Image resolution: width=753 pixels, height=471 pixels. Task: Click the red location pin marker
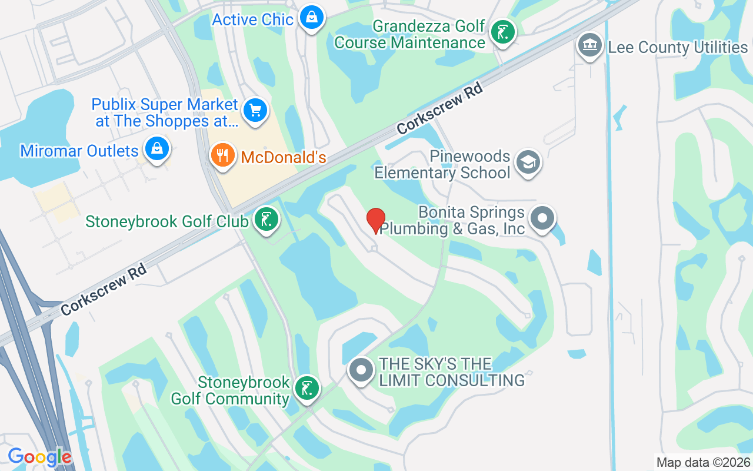[x=376, y=221]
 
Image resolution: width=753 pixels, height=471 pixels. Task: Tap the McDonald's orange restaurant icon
[x=222, y=155]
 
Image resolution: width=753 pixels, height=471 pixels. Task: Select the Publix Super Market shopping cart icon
[x=255, y=110]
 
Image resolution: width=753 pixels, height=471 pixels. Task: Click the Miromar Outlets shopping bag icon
[x=157, y=149]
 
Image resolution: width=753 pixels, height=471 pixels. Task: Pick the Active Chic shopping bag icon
[x=311, y=18]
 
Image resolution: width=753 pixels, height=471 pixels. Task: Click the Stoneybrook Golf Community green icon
[x=306, y=389]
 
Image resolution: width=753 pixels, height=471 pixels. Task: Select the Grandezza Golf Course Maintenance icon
[x=502, y=32]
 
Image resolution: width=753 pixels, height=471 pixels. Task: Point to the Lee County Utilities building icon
[x=589, y=45]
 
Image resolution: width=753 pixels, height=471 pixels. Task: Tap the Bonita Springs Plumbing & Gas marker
[x=542, y=219]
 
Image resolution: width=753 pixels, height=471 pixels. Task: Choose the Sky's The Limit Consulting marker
[x=361, y=371]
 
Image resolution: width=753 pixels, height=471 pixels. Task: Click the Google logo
[x=39, y=457]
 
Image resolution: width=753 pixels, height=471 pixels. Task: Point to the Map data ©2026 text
[x=704, y=462]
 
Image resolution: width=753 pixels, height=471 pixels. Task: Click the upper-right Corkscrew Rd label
[x=439, y=108]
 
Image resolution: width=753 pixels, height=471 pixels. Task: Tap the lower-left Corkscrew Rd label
[x=103, y=289]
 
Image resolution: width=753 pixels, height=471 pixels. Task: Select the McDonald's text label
[x=284, y=158]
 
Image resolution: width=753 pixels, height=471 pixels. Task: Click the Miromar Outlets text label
[x=79, y=151]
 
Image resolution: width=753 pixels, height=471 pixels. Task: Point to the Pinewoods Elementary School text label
[x=442, y=165]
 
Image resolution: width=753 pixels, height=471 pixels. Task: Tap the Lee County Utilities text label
[x=678, y=48]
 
